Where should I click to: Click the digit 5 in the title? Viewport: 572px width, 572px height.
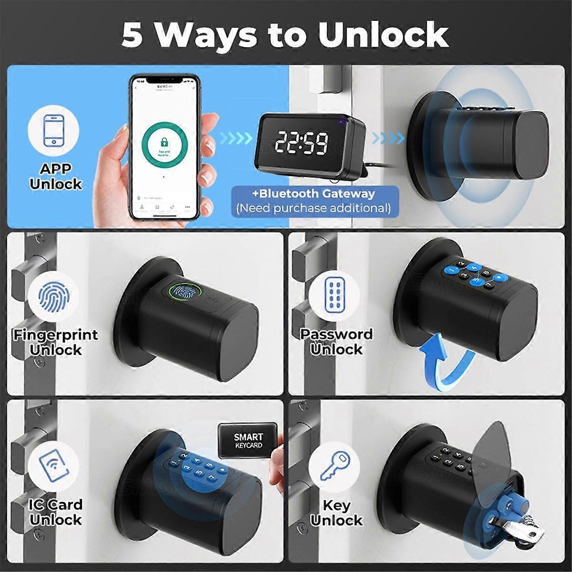click(x=132, y=36)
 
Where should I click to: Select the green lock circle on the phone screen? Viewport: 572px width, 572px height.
click(x=163, y=143)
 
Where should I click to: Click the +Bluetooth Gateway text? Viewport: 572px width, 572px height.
click(x=315, y=194)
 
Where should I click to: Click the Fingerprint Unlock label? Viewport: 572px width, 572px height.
click(x=55, y=342)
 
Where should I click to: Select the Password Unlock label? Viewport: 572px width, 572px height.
click(x=337, y=342)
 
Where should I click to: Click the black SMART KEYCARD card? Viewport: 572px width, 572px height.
click(x=248, y=441)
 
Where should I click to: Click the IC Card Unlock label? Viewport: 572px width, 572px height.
click(x=55, y=512)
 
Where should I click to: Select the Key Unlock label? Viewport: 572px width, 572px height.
click(x=337, y=512)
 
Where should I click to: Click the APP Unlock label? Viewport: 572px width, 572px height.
click(x=55, y=176)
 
